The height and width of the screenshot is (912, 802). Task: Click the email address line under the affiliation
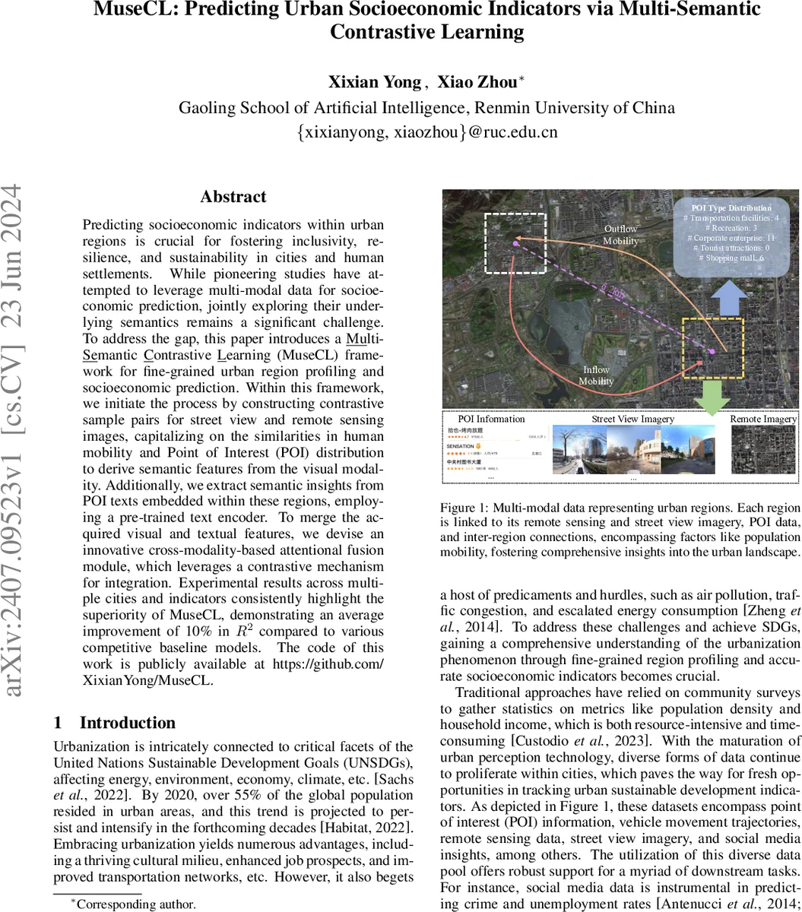426,131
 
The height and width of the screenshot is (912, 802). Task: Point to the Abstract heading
233,197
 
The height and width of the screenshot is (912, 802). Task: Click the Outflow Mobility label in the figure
622,235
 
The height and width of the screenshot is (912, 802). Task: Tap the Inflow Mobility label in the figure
595,375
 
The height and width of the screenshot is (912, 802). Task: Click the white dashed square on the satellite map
515,243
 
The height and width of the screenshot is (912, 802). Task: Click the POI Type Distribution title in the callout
731,207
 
